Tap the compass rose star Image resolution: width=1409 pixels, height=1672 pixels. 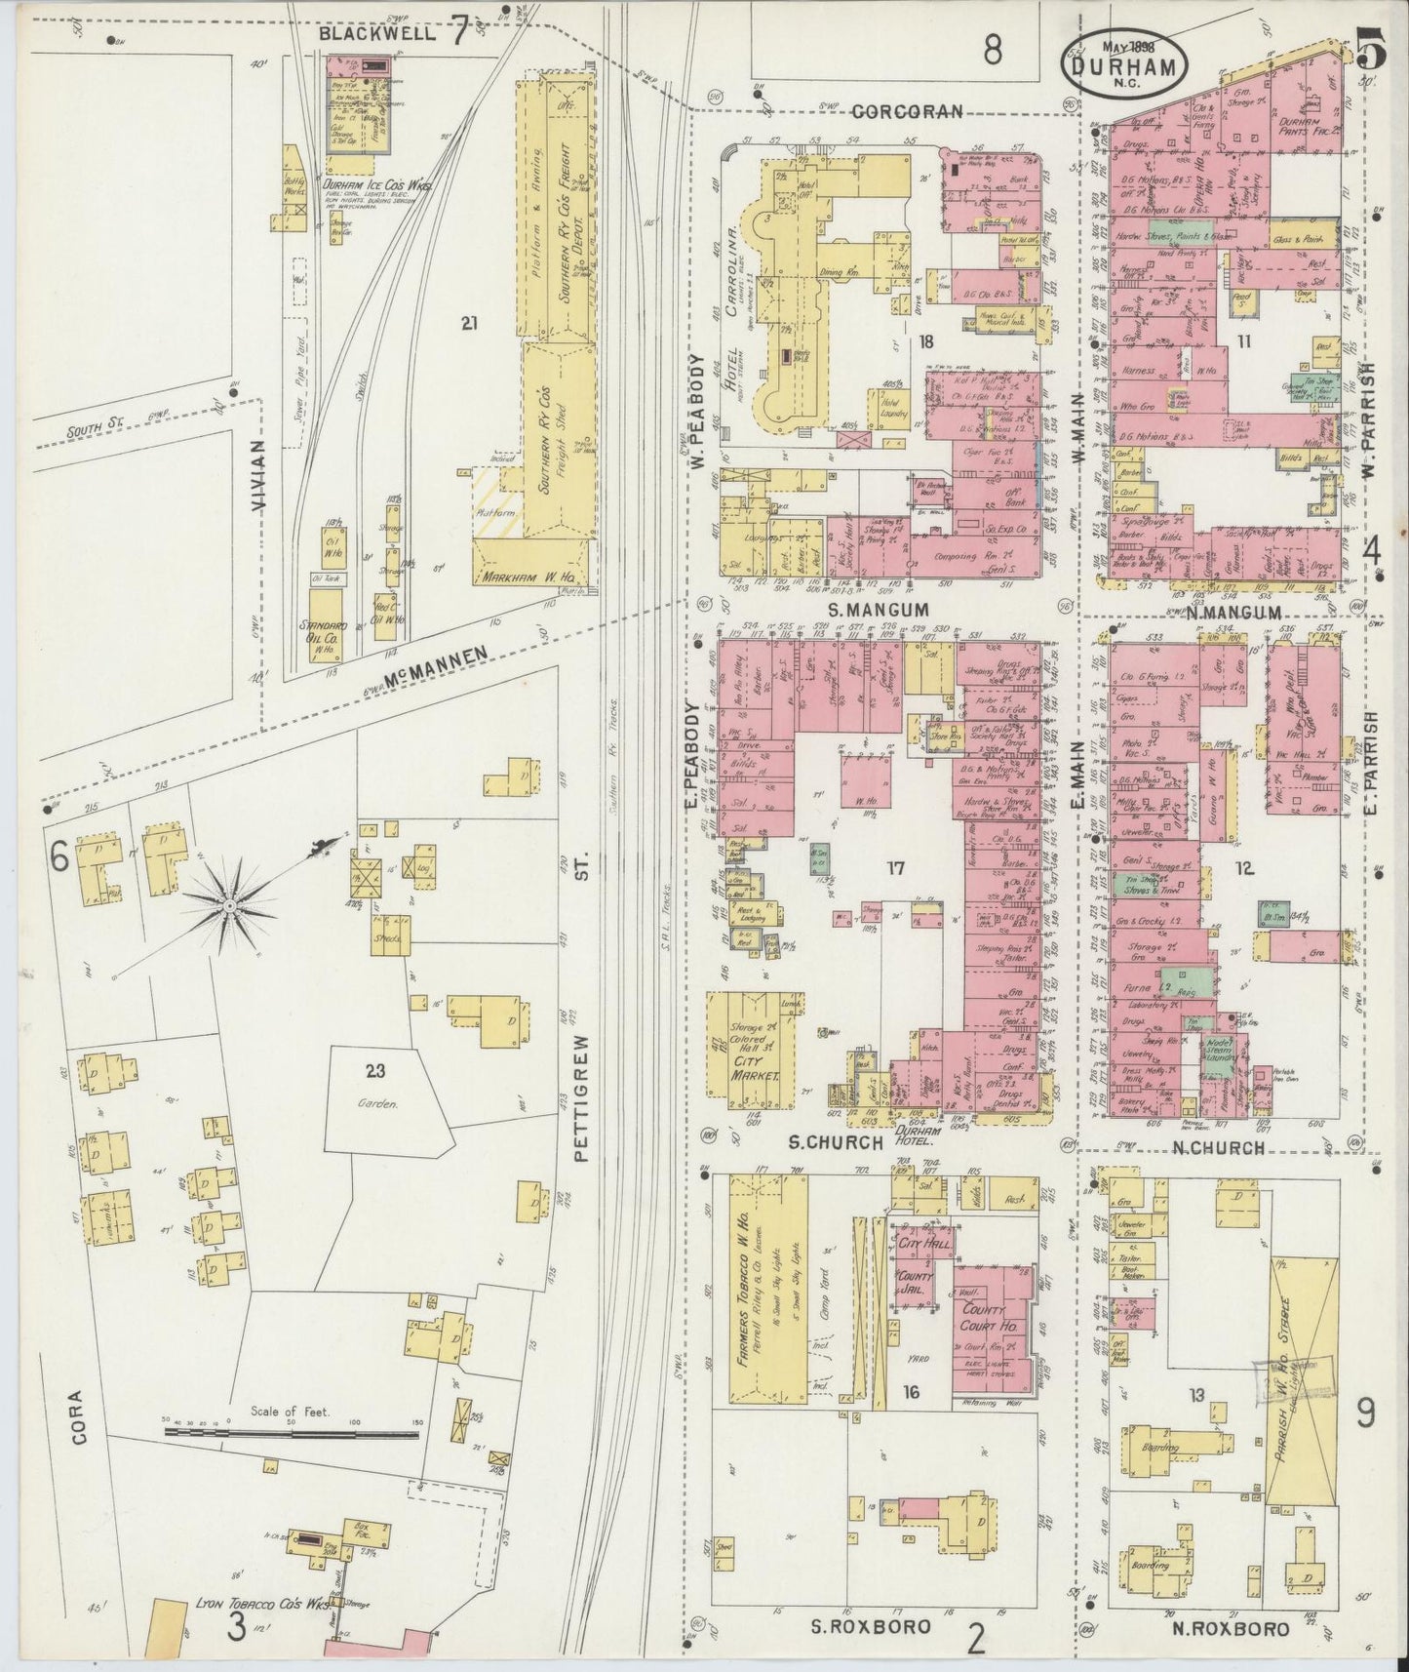click(x=230, y=907)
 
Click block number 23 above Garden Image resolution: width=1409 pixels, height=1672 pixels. click(x=376, y=1070)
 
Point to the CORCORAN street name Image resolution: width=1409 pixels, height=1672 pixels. click(x=907, y=111)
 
